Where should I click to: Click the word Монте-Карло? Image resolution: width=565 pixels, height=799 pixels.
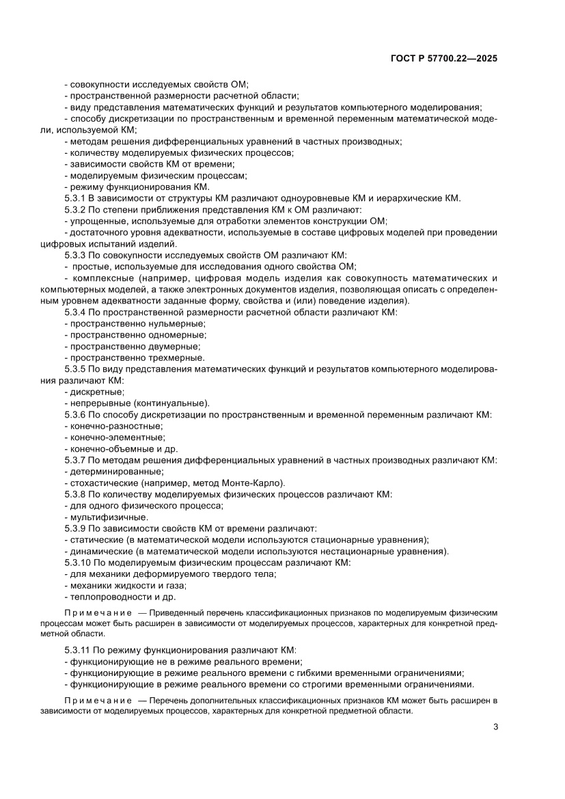247,483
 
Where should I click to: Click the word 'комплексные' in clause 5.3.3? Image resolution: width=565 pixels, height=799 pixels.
101,278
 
